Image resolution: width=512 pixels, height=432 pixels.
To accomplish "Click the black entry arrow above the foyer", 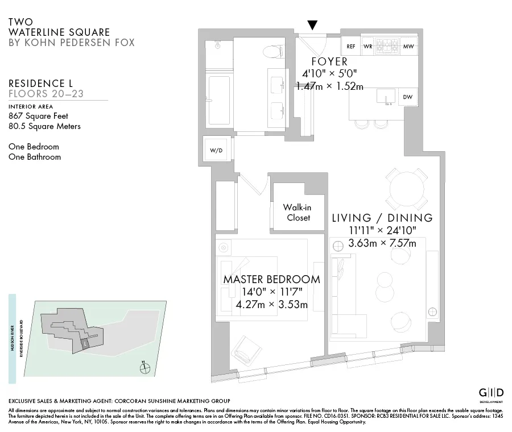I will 312,24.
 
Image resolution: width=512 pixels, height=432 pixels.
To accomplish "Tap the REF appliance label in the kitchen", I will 351,47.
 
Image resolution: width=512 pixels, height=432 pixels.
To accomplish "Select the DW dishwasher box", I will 407,97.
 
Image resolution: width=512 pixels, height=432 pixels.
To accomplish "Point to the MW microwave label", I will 408,47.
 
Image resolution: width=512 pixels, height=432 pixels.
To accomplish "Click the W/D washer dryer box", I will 216,151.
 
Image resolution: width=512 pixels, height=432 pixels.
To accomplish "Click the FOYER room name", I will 329,61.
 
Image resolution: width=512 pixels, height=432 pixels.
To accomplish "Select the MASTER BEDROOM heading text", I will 271,280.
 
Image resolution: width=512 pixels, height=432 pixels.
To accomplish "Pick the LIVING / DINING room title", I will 382,218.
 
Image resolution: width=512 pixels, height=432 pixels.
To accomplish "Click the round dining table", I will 406,188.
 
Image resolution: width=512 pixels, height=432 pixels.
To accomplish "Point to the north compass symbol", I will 145,368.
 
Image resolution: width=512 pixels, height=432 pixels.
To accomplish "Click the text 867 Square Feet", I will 38,116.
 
